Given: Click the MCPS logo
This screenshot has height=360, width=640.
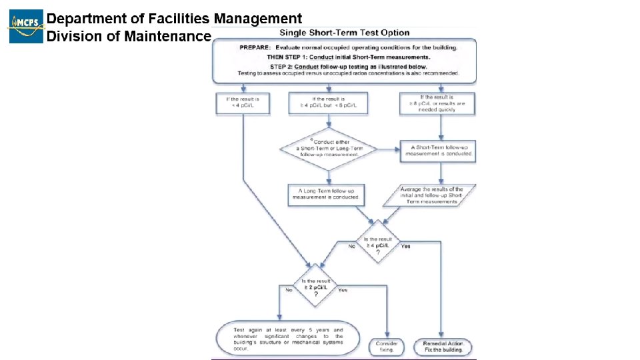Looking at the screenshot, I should tap(26, 27).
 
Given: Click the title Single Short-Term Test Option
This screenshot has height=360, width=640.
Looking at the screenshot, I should tap(344, 33).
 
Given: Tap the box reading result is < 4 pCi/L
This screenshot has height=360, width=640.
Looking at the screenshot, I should tap(243, 103).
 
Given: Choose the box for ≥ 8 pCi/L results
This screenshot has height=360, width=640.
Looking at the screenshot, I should tap(438, 103).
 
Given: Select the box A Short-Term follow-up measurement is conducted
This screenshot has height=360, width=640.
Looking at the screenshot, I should tap(438, 151).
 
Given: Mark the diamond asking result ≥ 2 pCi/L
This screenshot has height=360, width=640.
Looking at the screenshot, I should tap(316, 287).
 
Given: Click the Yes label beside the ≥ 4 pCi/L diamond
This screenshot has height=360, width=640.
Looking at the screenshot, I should tap(406, 246).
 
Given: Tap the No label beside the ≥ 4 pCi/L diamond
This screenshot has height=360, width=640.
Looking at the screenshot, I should tap(351, 246).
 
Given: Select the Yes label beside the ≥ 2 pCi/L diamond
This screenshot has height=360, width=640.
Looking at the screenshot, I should tap(343, 290).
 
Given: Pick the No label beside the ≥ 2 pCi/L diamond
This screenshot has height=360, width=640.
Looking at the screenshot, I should tap(289, 290).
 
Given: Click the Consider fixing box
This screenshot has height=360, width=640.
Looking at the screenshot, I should tap(387, 345).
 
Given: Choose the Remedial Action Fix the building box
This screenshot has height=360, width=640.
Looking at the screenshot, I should tap(443, 345).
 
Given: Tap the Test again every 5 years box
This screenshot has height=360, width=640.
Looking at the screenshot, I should tap(288, 339).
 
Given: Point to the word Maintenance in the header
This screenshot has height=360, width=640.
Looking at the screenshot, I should tap(167, 36).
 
